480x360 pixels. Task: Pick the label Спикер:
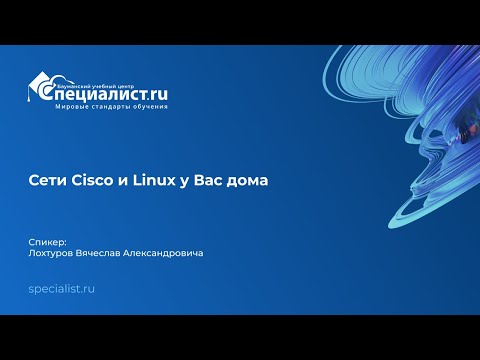click(x=49, y=241)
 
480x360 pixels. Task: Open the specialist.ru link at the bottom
click(x=62, y=288)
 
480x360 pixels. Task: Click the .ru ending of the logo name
click(x=154, y=94)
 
